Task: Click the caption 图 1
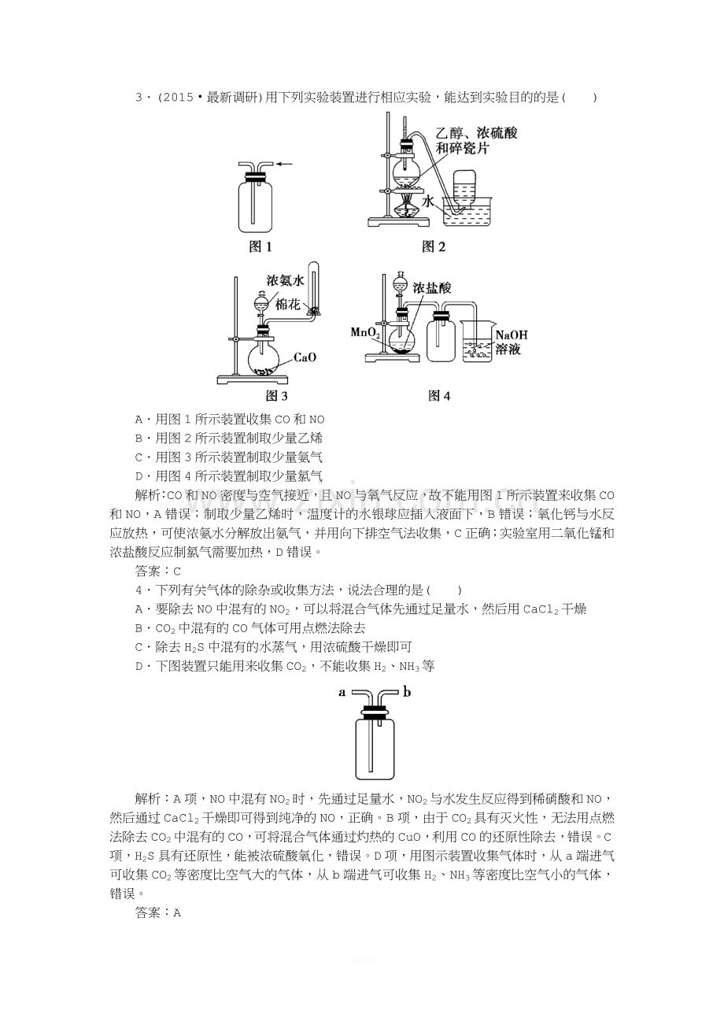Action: click(x=260, y=247)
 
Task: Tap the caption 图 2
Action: click(x=433, y=247)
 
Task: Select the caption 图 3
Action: click(x=276, y=396)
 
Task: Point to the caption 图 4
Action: click(x=439, y=396)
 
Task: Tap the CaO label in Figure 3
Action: click(x=305, y=357)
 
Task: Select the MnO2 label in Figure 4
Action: click(x=365, y=332)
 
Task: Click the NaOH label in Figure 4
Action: click(x=512, y=335)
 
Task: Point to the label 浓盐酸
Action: click(x=432, y=288)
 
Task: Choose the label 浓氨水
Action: click(x=286, y=280)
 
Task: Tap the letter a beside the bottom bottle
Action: click(x=342, y=692)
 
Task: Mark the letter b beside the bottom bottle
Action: click(x=407, y=691)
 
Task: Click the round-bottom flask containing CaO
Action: click(x=263, y=360)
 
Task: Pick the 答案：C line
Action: click(x=158, y=571)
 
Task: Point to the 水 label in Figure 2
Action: click(x=427, y=202)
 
